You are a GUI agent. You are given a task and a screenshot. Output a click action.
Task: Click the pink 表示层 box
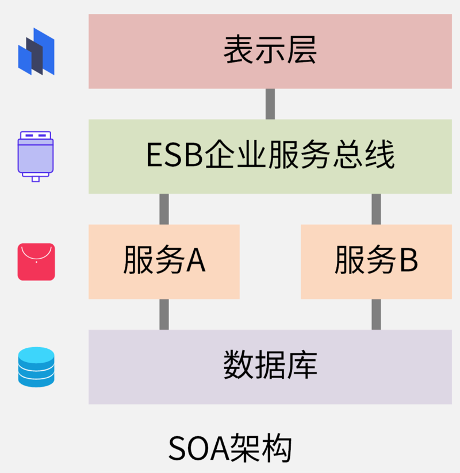(x=270, y=51)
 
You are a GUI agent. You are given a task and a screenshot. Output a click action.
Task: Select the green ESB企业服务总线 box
(x=270, y=156)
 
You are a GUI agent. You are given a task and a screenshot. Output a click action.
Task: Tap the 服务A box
(x=164, y=262)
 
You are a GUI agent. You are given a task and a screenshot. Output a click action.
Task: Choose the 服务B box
(x=376, y=262)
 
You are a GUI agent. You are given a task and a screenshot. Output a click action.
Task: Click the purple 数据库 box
(x=270, y=367)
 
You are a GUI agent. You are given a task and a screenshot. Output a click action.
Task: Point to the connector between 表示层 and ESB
(x=270, y=104)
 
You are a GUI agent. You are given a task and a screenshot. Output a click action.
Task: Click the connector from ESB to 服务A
(x=164, y=209)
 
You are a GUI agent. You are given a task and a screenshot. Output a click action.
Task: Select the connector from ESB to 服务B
(x=376, y=209)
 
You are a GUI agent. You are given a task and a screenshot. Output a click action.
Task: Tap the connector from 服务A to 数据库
(x=164, y=314)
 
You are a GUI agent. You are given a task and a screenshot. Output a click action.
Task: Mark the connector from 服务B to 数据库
(x=376, y=314)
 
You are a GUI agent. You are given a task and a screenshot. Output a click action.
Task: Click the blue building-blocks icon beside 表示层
(x=36, y=52)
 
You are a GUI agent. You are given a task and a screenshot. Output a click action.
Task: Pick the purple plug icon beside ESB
(x=36, y=155)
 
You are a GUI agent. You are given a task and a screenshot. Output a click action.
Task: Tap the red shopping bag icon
(x=36, y=262)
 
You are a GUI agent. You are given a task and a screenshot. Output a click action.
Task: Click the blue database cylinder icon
(x=36, y=367)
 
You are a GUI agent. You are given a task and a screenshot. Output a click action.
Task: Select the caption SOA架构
(x=230, y=448)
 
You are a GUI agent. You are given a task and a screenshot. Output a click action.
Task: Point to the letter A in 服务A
(x=195, y=262)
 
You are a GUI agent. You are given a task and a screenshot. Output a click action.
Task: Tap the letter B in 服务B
(x=408, y=262)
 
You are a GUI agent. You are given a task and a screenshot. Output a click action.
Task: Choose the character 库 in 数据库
(x=302, y=366)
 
